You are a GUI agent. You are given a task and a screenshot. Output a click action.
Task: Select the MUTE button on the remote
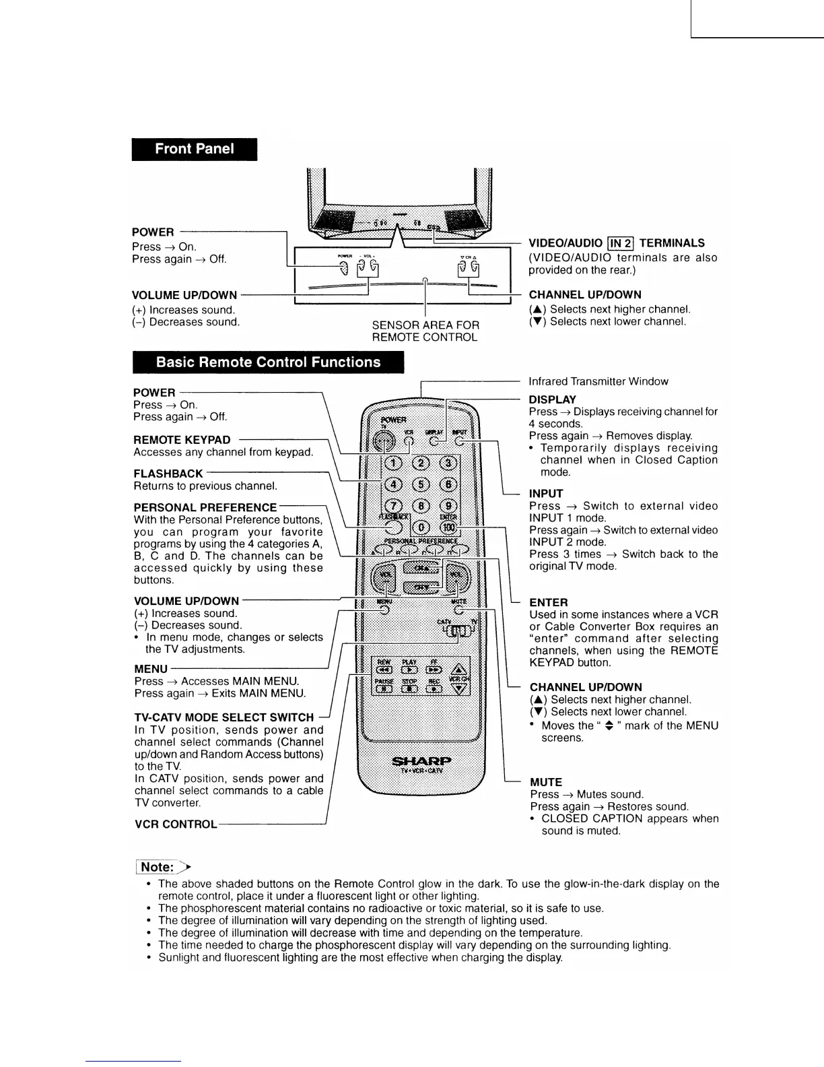[459, 610]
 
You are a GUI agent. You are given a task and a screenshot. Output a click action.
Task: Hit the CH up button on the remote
[421, 568]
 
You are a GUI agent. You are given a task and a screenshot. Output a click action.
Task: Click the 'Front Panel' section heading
[195, 149]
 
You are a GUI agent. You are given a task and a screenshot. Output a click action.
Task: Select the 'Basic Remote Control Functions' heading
[268, 362]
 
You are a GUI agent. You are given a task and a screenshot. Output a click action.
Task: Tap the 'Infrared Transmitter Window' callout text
[598, 381]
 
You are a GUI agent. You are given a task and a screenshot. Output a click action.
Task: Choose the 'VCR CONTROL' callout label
[176, 825]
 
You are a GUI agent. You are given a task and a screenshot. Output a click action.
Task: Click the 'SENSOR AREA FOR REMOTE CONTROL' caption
[425, 331]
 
